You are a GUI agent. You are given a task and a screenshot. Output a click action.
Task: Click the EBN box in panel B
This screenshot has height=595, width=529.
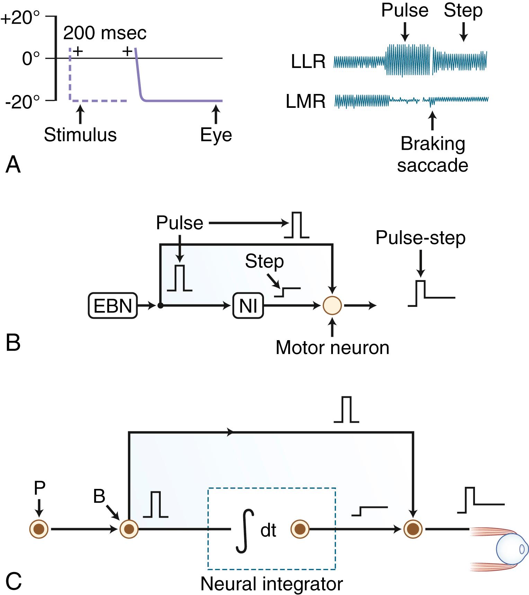[x=113, y=305]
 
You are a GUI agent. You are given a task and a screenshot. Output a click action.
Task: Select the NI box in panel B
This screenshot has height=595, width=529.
[x=248, y=305]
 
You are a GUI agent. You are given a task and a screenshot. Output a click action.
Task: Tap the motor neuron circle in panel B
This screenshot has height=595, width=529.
[x=332, y=305]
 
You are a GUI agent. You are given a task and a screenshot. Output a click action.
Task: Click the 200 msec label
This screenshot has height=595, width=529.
[x=105, y=33]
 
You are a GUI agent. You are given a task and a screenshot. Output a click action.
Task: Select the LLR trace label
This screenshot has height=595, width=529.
[x=308, y=62]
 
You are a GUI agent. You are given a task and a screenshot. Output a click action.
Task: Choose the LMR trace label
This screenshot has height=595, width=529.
[x=306, y=102]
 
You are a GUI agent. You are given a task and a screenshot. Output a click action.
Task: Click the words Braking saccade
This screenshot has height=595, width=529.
[x=432, y=154]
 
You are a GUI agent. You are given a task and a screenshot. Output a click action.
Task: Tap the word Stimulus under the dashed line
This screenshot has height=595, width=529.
[x=80, y=135]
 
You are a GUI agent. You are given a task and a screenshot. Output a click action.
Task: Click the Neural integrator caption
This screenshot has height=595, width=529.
[x=271, y=584]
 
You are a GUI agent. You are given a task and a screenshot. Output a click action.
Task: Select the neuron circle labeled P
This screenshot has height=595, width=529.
[x=39, y=529]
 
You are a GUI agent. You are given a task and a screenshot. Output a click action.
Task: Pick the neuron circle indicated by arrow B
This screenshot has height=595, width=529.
[x=129, y=529]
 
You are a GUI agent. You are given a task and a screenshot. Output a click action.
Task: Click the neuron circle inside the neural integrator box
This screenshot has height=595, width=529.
[x=300, y=529]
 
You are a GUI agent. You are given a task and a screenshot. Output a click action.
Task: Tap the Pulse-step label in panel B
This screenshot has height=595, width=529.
[x=421, y=238]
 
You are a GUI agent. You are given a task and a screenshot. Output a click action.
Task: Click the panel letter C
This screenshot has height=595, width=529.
[x=14, y=581]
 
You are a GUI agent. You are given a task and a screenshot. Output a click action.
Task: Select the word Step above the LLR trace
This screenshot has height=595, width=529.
[x=463, y=10]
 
